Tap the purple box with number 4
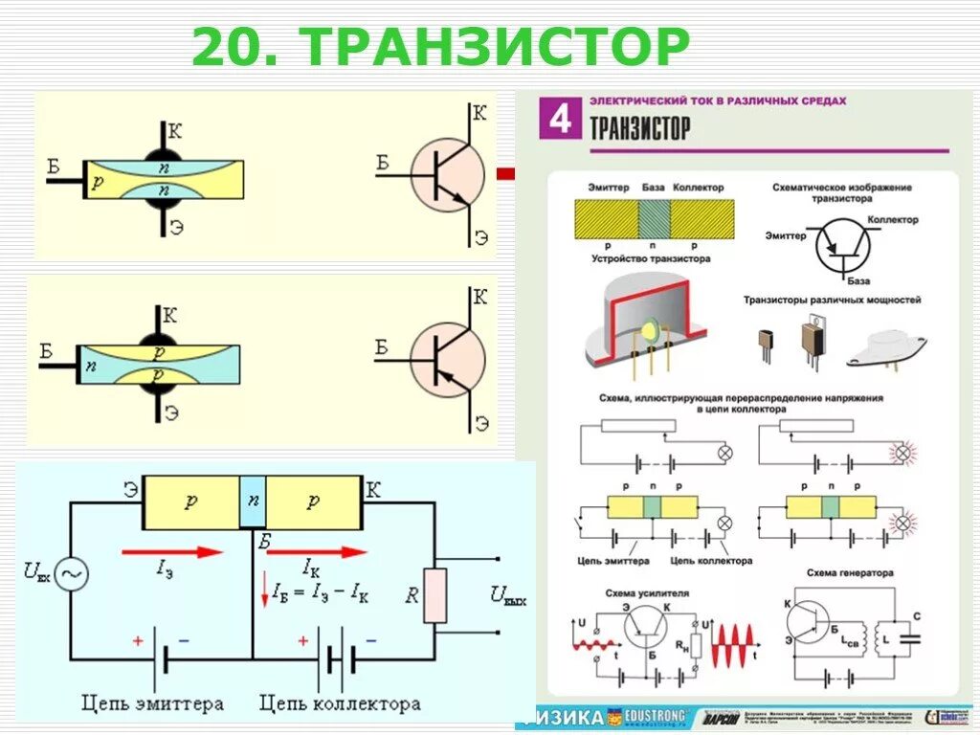pyautogui.click(x=561, y=120)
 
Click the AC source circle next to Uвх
pyautogui.click(x=71, y=574)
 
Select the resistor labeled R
pyautogui.click(x=435, y=595)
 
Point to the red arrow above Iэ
pyautogui.click(x=171, y=551)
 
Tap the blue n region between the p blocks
pyautogui.click(x=253, y=501)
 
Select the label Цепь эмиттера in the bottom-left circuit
pyautogui.click(x=153, y=704)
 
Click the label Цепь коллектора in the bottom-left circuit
pyautogui.click(x=340, y=704)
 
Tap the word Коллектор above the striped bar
pyautogui.click(x=698, y=188)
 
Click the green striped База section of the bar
pyautogui.click(x=654, y=218)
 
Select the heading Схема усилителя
pyautogui.click(x=646, y=593)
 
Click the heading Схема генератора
pyautogui.click(x=850, y=573)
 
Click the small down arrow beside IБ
pyautogui.click(x=265, y=593)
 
